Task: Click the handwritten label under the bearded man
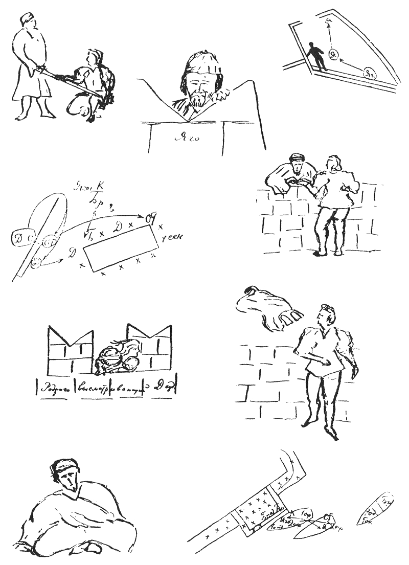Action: point(188,137)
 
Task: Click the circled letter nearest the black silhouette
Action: point(334,54)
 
